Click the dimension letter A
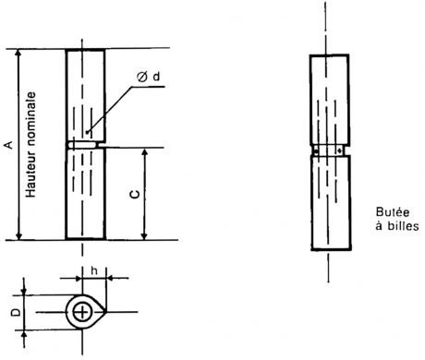[9, 145]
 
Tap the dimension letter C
[135, 194]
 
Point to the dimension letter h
[94, 270]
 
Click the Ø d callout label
[149, 77]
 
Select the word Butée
[393, 212]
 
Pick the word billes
[403, 226]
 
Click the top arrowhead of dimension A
[18, 53]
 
